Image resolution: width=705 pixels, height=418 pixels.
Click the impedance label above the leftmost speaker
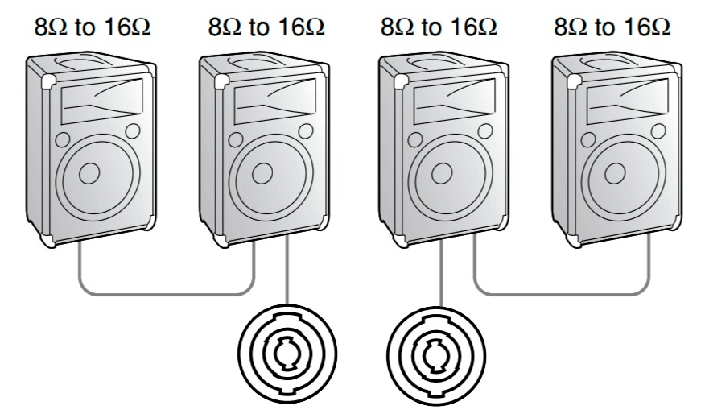tap(93, 27)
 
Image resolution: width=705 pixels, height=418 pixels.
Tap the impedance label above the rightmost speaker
tap(612, 27)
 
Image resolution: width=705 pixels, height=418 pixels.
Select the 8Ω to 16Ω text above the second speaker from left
tap(266, 27)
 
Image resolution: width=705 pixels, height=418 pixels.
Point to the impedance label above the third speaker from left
tap(439, 27)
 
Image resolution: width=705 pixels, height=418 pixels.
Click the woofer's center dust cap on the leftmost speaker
tap(89, 174)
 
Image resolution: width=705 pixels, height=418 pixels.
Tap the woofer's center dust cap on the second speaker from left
tap(262, 174)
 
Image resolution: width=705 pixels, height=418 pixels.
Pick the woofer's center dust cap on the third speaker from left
tap(442, 174)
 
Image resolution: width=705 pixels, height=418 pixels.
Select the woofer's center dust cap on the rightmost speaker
tap(615, 174)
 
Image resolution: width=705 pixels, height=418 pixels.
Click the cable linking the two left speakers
tap(167, 295)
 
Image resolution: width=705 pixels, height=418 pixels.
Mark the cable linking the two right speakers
tap(562, 295)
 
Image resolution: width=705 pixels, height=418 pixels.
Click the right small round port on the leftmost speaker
tap(133, 131)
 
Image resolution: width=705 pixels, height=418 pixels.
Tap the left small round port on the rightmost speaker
tap(588, 140)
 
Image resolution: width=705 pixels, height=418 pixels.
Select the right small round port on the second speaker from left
tap(306, 131)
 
